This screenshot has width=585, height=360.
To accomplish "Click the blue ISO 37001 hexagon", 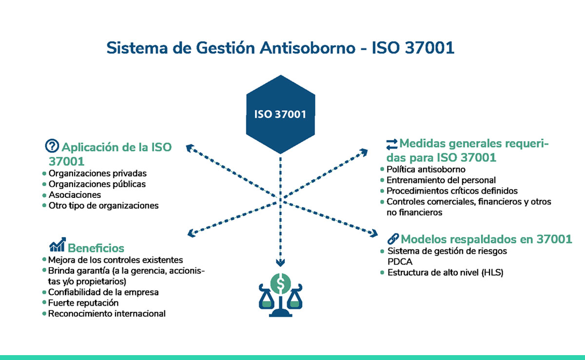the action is tap(280, 114).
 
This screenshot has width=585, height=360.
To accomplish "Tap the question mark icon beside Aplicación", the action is tap(52, 146).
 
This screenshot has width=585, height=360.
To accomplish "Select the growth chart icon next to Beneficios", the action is tap(58, 245).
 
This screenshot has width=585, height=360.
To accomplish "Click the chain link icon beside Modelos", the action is tap(393, 238).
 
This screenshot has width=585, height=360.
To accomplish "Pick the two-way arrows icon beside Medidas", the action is tap(392, 144).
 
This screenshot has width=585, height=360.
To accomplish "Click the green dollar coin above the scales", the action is tap(280, 284).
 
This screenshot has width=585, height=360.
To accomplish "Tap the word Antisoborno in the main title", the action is tap(308, 48).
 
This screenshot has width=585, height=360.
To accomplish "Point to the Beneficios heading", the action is tap(96, 248).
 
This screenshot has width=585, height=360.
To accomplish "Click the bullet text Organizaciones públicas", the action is tap(97, 184).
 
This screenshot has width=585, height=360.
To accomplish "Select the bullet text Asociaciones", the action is tap(75, 195).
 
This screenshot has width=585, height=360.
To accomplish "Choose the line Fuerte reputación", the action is tap(83, 303).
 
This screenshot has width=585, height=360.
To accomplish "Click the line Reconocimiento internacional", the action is tap(107, 314).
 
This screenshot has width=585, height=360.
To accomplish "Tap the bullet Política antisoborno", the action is tap(426, 170).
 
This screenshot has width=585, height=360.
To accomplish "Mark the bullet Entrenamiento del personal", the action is tap(441, 180).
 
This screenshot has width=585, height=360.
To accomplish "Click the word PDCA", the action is tap(400, 262).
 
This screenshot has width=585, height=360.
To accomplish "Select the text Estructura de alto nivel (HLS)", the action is tap(445, 272).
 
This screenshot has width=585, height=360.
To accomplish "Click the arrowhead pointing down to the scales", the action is tap(280, 263).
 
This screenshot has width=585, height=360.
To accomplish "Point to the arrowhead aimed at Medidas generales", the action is tap(364, 152).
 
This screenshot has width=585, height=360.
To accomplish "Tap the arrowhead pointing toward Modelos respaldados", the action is tap(374, 233).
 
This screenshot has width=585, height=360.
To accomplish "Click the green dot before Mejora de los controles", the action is tap(44, 260).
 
